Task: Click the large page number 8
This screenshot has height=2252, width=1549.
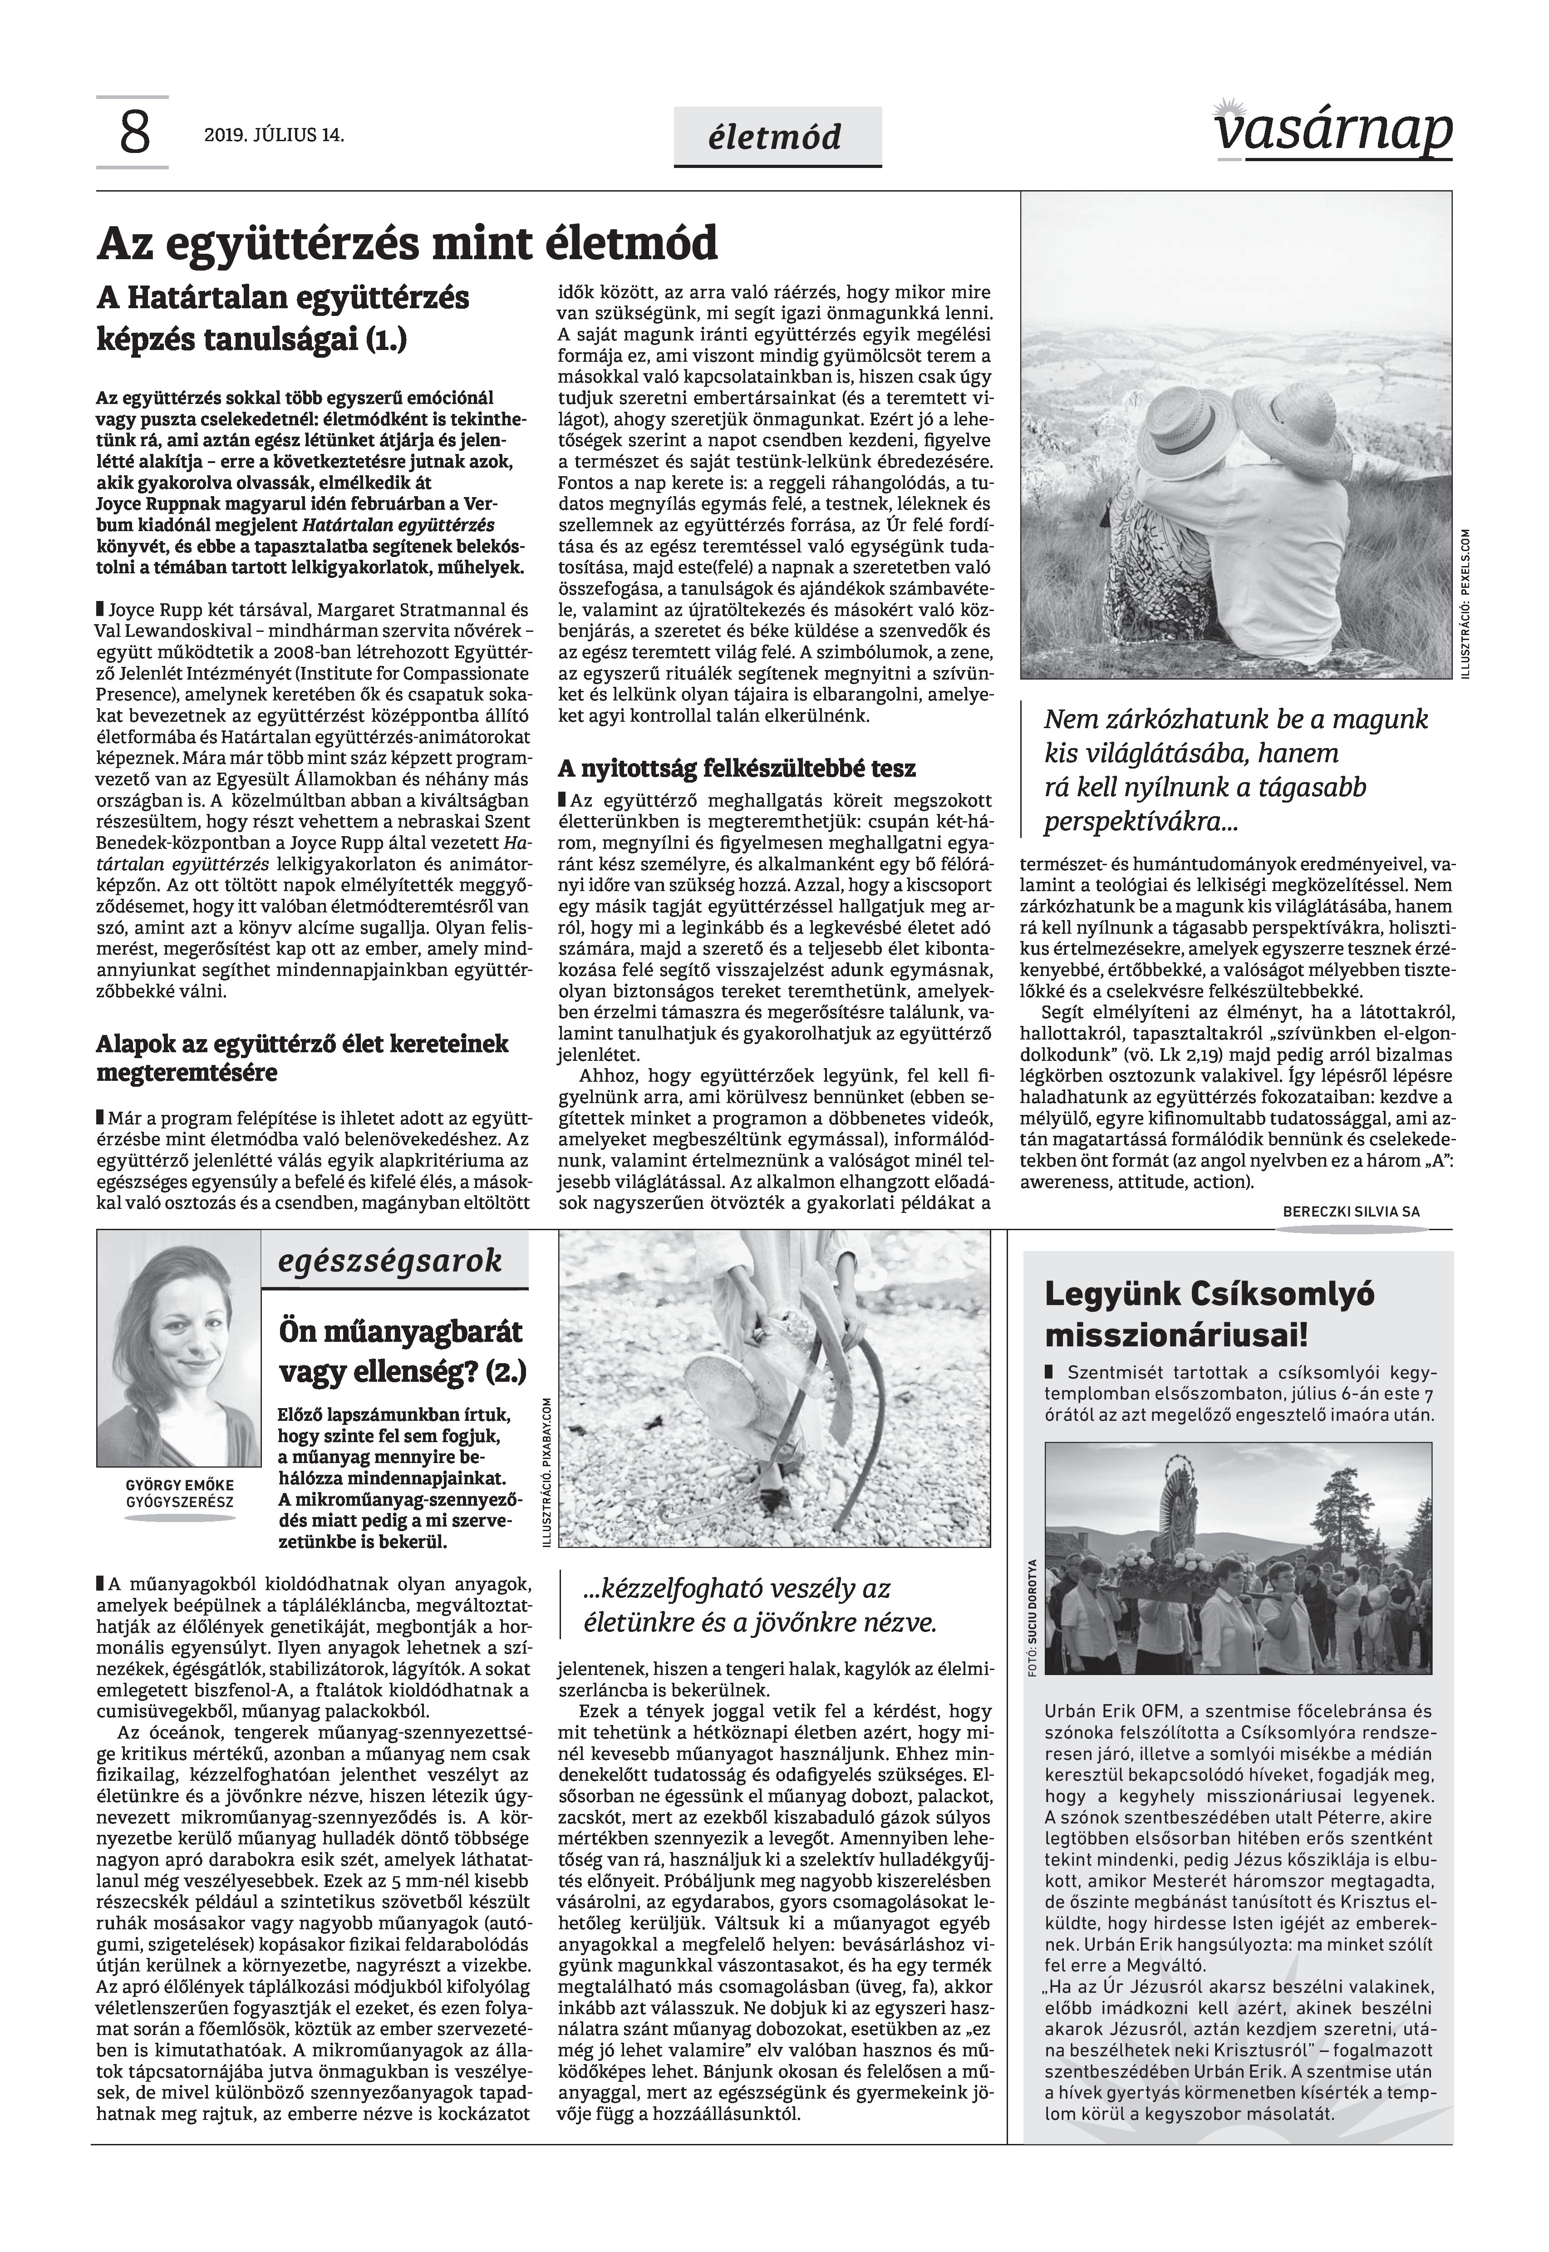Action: click(x=134, y=133)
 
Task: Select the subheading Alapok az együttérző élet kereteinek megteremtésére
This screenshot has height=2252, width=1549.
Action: click(x=302, y=1058)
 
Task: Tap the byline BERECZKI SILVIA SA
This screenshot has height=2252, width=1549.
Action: click(x=1351, y=1212)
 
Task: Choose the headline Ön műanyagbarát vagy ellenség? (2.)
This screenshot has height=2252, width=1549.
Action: click(x=401, y=1349)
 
